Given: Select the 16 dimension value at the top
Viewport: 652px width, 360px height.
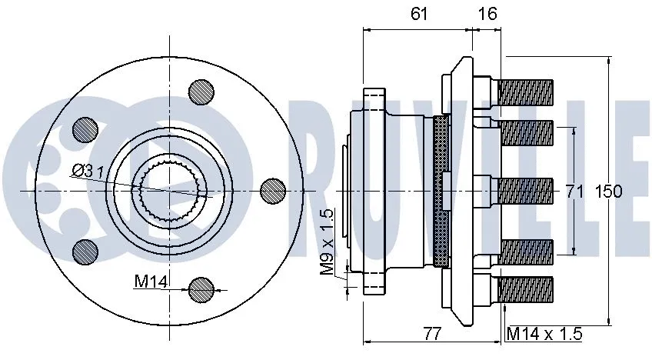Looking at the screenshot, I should [x=487, y=13].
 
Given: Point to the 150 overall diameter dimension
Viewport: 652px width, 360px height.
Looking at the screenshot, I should [x=609, y=191].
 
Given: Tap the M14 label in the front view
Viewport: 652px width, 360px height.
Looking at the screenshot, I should [x=151, y=282].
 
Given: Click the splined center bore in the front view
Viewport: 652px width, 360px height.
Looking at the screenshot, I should [x=170, y=190].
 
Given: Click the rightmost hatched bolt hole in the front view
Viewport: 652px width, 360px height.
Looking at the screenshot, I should [x=273, y=190].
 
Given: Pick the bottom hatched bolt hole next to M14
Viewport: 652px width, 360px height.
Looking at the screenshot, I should [x=201, y=289].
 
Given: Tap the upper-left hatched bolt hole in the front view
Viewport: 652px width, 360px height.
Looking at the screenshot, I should [x=84, y=128].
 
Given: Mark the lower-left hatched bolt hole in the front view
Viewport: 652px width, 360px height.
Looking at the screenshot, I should [x=84, y=251].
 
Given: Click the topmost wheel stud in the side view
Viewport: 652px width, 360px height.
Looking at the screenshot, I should [x=526, y=92].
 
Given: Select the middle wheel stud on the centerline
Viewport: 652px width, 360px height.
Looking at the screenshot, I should [x=526, y=190].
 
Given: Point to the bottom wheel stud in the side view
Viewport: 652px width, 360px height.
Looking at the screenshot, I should [x=526, y=288].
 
